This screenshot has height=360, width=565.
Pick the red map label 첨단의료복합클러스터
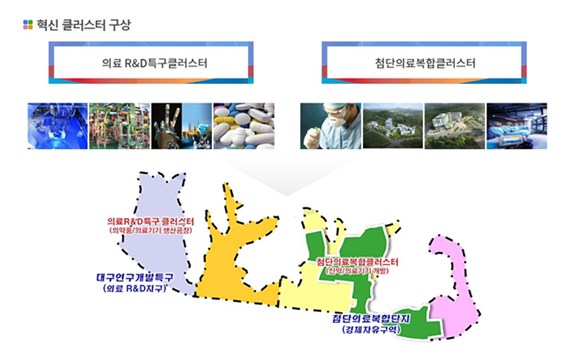click(356, 261)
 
